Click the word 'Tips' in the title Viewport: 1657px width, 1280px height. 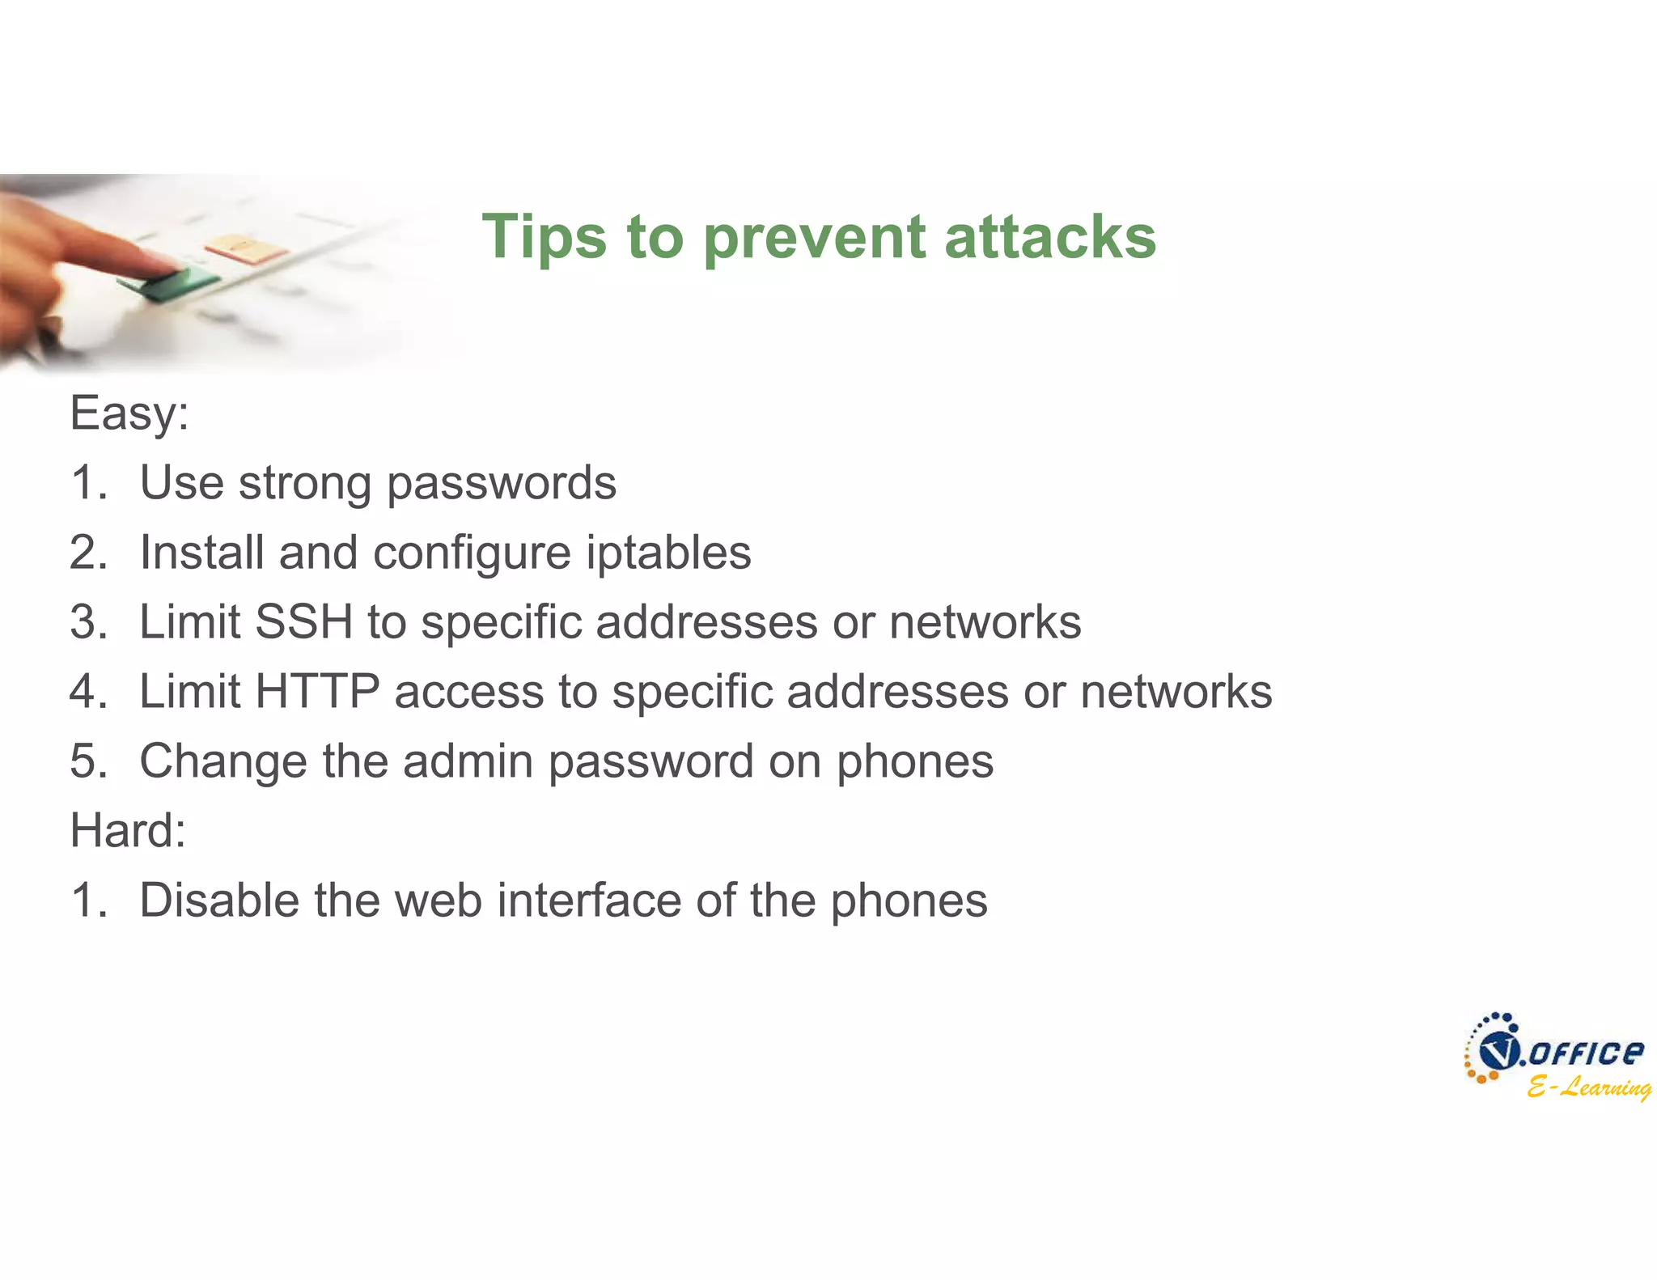coord(544,237)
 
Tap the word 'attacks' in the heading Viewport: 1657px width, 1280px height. coord(1050,237)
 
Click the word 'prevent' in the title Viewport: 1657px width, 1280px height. coord(814,239)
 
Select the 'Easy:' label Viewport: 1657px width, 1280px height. coord(129,413)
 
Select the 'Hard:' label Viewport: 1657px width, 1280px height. coord(128,831)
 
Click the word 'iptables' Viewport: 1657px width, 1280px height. coord(668,553)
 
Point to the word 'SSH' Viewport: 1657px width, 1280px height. coord(303,622)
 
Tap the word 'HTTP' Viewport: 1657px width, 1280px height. coord(316,692)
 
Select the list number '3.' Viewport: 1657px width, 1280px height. coord(88,622)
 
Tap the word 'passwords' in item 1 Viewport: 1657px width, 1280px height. coord(501,485)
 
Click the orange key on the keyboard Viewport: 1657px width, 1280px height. coord(243,247)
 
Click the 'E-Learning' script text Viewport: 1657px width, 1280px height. coord(1588,1087)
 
